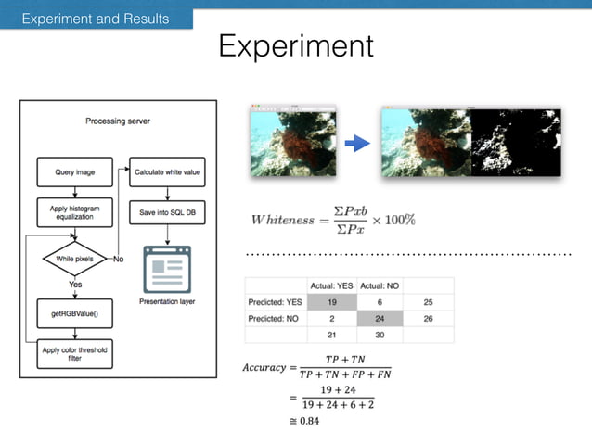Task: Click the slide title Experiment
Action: [x=295, y=47]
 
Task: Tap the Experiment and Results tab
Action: [x=97, y=18]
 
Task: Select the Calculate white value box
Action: [x=167, y=171]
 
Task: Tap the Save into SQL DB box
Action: [x=167, y=212]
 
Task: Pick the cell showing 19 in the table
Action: [x=331, y=302]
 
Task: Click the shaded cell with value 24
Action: [x=379, y=319]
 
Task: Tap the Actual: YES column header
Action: [x=331, y=285]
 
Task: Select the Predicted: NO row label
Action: [x=276, y=319]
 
